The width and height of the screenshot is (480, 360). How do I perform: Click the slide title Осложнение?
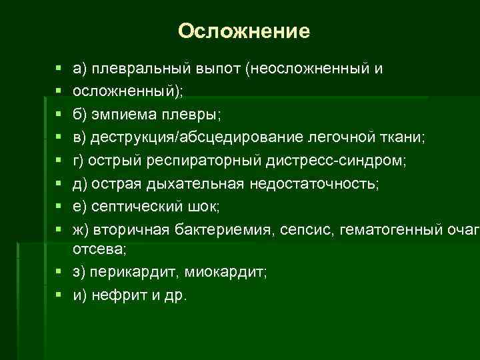coord(244,31)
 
